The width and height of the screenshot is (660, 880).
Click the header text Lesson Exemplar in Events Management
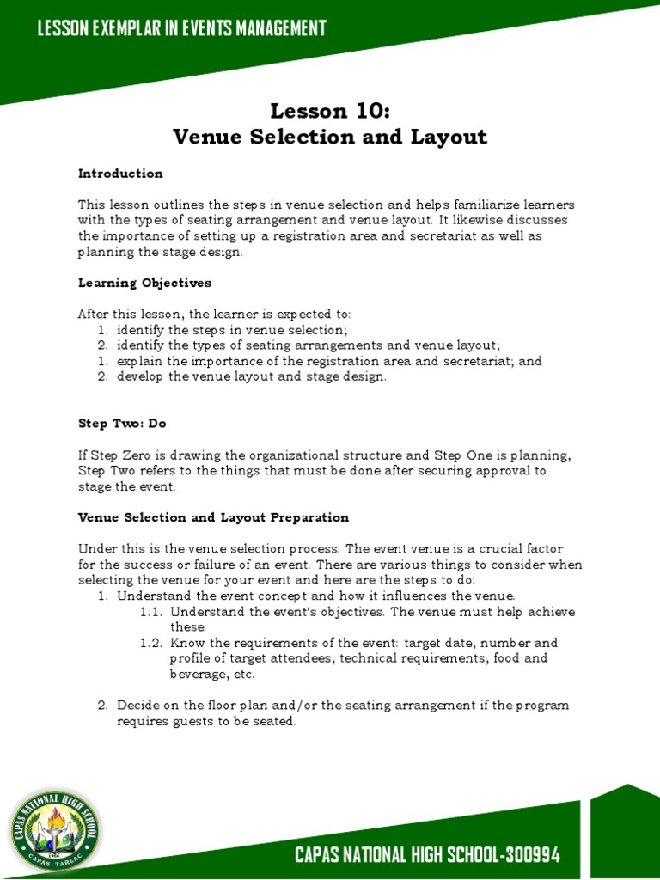181,28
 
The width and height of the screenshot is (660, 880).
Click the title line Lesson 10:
329,111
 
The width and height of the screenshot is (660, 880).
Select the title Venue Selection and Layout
329,137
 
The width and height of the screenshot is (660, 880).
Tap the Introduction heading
120,174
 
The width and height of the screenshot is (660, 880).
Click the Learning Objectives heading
144,283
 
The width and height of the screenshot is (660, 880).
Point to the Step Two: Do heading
120,423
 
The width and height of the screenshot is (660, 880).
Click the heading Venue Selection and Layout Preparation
213,517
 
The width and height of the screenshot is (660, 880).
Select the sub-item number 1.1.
151,612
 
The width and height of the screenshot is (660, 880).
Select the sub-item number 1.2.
151,643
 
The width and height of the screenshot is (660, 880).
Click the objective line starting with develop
252,376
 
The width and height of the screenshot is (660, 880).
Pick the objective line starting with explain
329,361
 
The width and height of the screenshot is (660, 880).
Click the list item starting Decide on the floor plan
342,713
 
